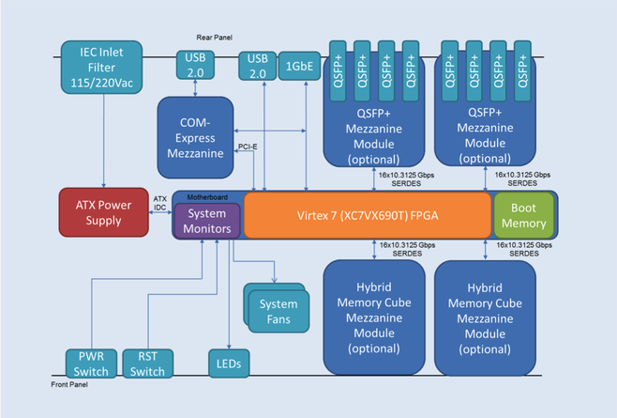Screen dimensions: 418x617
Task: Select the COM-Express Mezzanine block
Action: point(194,136)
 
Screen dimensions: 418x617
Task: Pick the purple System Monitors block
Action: point(207,220)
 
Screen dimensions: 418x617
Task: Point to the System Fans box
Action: point(278,310)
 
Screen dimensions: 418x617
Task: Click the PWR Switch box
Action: point(92,364)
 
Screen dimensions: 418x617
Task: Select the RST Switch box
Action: point(148,364)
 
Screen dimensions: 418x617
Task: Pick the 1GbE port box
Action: point(299,65)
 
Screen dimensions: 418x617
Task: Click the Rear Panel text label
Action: point(215,38)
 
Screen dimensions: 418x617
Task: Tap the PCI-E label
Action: point(248,146)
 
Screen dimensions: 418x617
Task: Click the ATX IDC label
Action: point(159,202)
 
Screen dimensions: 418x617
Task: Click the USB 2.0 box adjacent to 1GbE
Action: point(256,65)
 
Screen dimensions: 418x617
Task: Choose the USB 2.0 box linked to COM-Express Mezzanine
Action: point(194,65)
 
